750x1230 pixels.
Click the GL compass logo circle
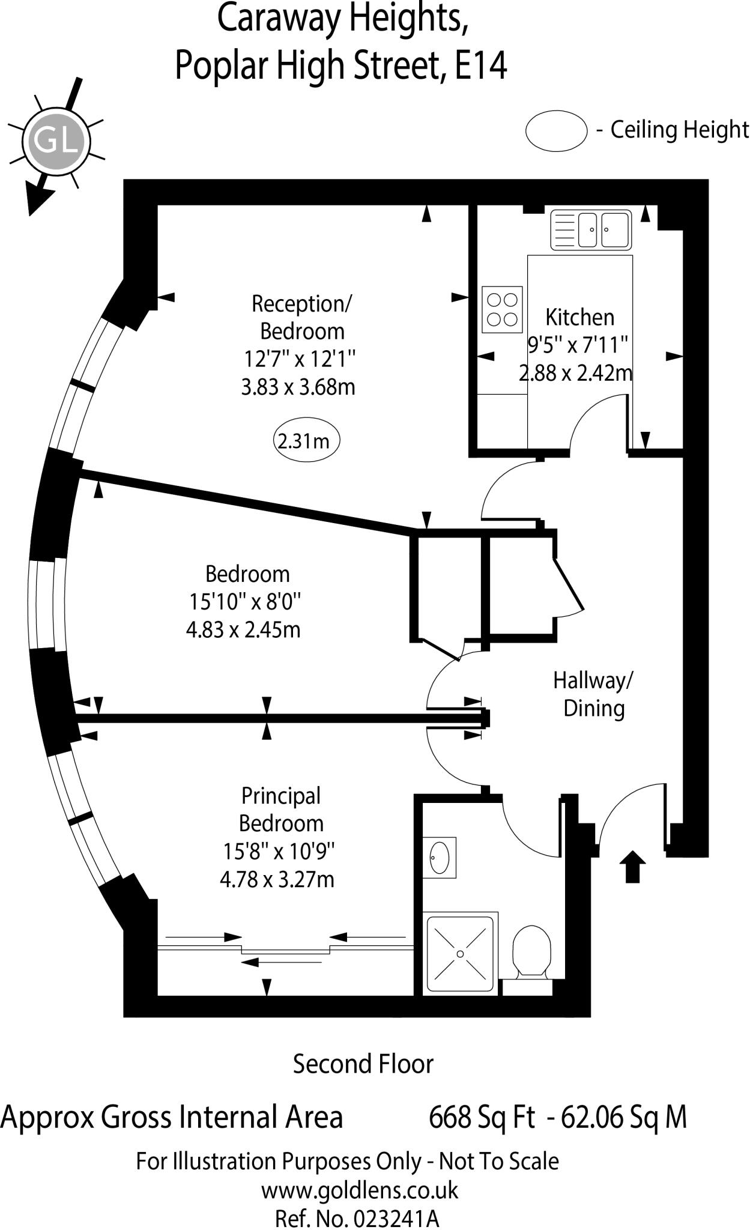click(x=56, y=142)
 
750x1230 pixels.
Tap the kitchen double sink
click(x=591, y=229)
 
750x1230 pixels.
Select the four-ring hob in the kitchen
click(x=502, y=309)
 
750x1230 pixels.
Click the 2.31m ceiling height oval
click(x=306, y=441)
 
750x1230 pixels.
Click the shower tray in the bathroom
click(x=461, y=953)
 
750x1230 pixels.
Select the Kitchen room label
click(x=579, y=317)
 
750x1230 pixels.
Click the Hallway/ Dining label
click(x=593, y=694)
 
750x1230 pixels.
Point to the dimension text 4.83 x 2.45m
click(x=243, y=629)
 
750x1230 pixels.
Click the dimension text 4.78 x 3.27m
click(x=277, y=879)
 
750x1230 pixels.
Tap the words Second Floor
click(x=363, y=1064)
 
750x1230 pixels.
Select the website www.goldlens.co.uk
click(x=359, y=1190)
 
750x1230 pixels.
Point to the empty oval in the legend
click(x=555, y=130)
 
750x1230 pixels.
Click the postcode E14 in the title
click(x=481, y=65)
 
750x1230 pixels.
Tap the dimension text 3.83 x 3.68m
click(x=298, y=387)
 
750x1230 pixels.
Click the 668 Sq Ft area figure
click(x=482, y=1117)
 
